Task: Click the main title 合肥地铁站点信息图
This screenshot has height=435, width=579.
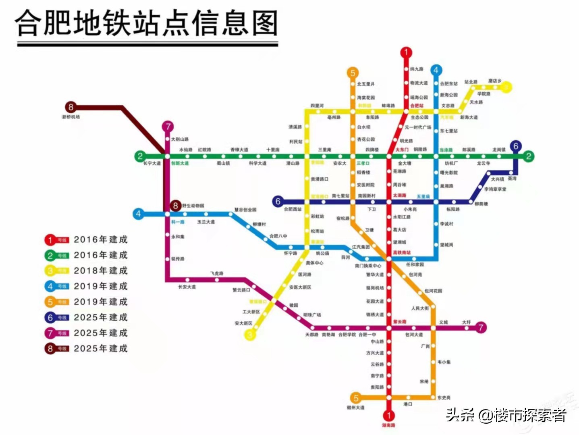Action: click(147, 23)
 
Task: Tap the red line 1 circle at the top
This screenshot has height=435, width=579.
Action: click(406, 52)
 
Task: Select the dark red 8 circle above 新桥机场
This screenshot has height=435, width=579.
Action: click(71, 107)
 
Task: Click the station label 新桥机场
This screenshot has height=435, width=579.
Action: click(71, 117)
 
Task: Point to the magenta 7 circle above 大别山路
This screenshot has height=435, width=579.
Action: click(168, 127)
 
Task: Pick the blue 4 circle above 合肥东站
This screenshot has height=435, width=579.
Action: click(436, 70)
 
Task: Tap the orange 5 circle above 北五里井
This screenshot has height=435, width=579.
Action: click(353, 73)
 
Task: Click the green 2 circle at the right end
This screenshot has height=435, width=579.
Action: click(529, 156)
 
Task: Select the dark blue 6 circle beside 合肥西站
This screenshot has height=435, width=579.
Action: click(277, 201)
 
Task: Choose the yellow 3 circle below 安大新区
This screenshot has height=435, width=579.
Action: click(250, 335)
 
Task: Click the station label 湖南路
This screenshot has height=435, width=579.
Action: click(388, 425)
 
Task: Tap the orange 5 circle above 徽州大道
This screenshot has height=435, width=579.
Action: click(356, 398)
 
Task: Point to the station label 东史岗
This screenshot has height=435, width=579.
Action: click(444, 398)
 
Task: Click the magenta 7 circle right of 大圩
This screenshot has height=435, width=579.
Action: click(480, 327)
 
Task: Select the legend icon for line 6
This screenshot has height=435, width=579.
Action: click(56, 318)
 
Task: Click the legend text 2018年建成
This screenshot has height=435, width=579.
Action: click(100, 271)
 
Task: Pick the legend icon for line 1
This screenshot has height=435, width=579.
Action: click(56, 240)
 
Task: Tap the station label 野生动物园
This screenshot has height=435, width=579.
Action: click(193, 206)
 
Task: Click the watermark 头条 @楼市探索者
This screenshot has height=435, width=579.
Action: click(506, 415)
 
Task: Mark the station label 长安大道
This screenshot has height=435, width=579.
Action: click(187, 287)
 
